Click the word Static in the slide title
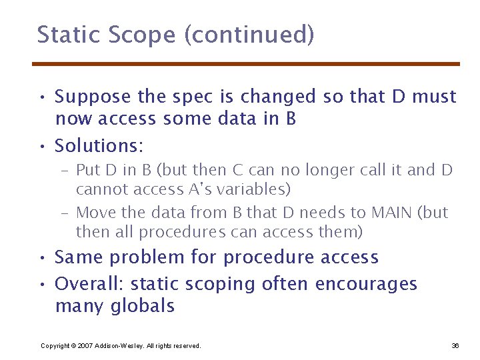pos(63,35)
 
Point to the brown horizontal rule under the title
pos(246,64)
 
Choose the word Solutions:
pos(99,145)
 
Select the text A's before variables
pos(200,189)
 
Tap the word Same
pos(78,257)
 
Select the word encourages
pos(366,285)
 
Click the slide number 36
pos(455,345)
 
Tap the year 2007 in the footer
pos(84,345)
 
